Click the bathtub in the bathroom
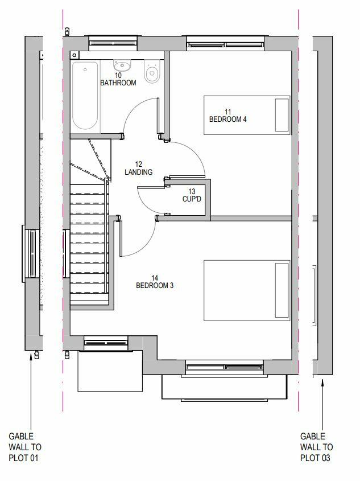(85, 96)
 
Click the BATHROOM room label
(118, 83)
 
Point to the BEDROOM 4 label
(227, 120)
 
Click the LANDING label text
(138, 172)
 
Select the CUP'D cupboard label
(191, 199)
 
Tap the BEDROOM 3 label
(154, 285)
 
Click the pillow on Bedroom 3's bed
(282, 291)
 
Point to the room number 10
(118, 75)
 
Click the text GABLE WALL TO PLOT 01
(25, 447)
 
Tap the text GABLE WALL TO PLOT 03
(317, 447)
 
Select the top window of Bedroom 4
(226, 43)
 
